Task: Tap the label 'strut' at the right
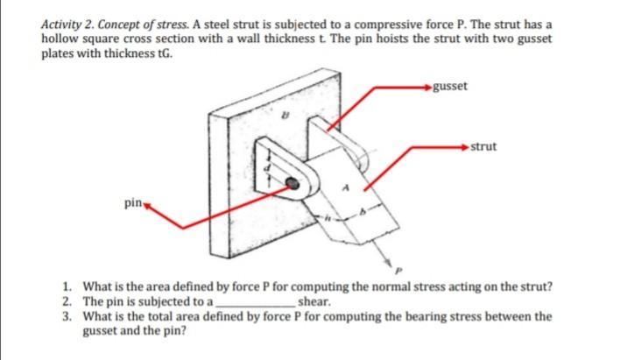click(483, 146)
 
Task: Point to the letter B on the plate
click(283, 114)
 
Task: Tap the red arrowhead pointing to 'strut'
click(465, 147)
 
